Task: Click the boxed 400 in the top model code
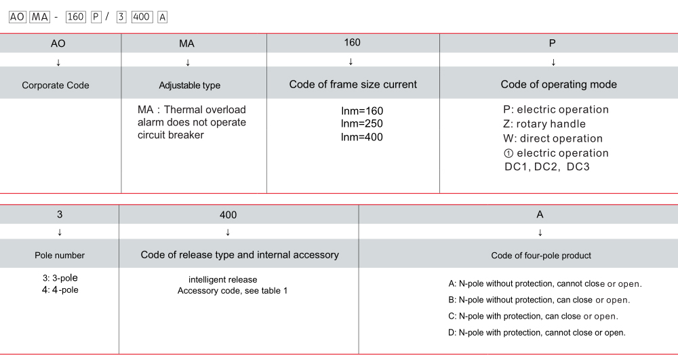point(142,18)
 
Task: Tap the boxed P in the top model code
point(96,18)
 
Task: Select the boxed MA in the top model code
point(39,18)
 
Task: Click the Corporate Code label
point(56,85)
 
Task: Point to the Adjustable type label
point(189,85)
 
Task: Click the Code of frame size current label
point(353,85)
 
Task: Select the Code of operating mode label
point(559,85)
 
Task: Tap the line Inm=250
point(362,123)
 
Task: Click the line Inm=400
point(362,137)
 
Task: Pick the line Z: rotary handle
point(544,124)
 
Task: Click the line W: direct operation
point(553,138)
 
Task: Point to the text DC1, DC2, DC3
point(546,167)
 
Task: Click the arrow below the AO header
point(58,62)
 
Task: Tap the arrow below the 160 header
point(351,62)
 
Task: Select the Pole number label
point(60,256)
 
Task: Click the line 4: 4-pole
point(60,290)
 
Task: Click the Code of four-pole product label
point(541,256)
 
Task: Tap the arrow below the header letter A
point(540,232)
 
